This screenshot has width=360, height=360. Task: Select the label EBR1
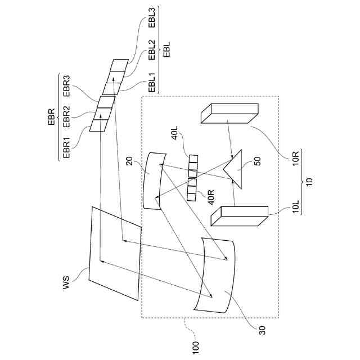coord(66,147)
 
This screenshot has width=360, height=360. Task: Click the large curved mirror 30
coord(214,273)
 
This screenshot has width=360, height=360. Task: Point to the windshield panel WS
coord(115,254)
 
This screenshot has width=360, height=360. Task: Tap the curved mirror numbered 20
coord(153,180)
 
